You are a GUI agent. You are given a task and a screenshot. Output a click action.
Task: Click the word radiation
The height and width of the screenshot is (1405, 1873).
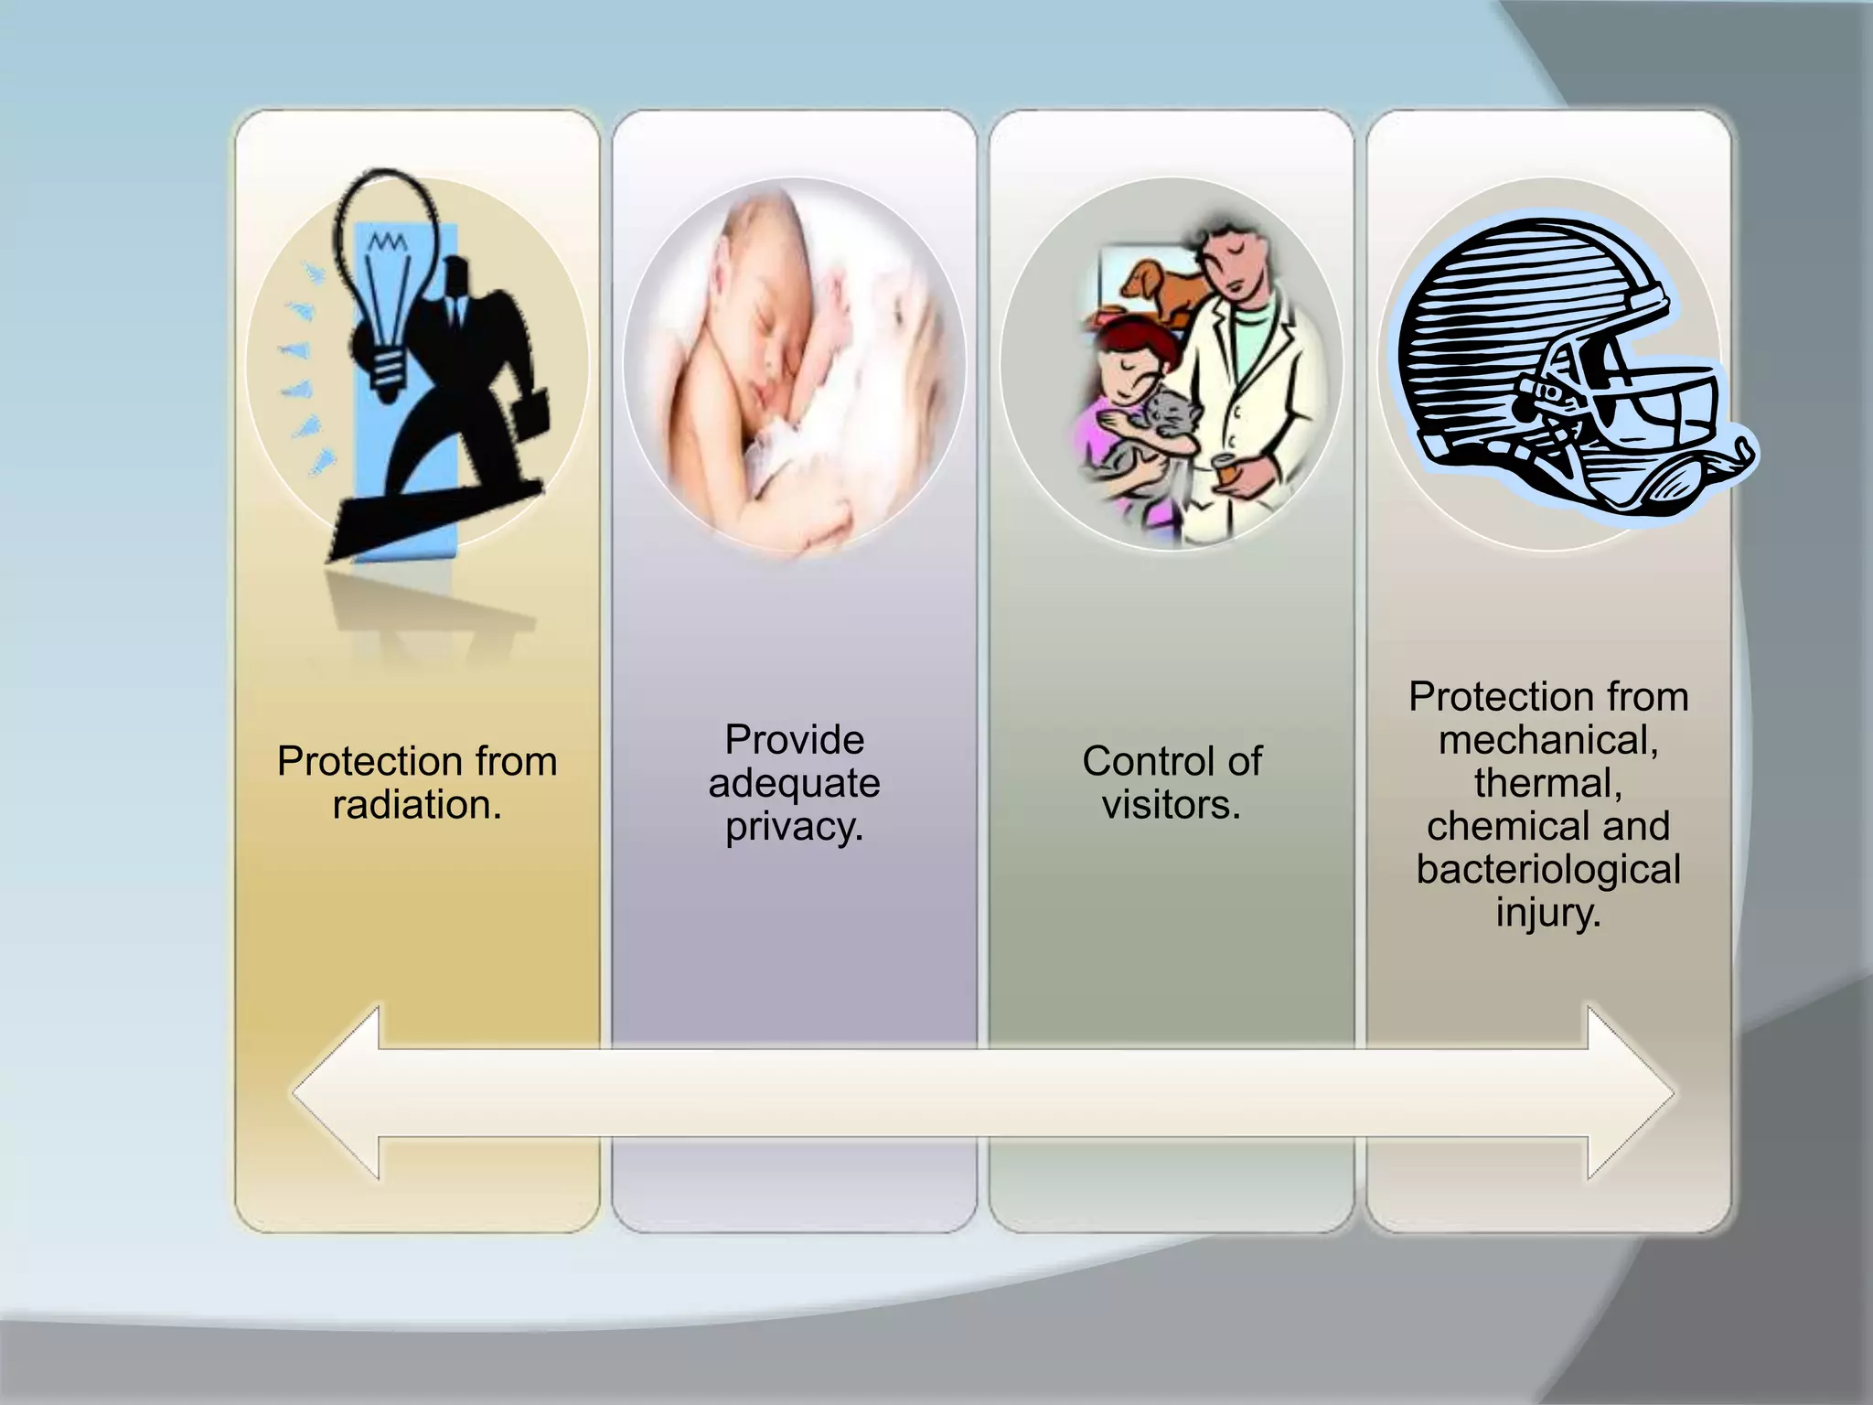click(417, 805)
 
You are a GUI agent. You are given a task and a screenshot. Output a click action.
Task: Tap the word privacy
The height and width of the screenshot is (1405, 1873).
click(794, 827)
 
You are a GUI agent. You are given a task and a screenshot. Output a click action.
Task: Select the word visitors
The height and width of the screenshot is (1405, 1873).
click(1171, 805)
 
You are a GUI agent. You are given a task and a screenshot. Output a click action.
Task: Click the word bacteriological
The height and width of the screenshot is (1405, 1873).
click(1548, 869)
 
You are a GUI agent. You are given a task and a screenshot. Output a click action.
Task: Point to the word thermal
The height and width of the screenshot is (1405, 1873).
click(1548, 783)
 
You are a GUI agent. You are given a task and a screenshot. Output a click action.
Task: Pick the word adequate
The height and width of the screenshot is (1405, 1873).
click(794, 783)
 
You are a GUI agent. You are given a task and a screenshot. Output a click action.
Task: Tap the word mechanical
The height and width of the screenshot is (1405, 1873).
click(1548, 739)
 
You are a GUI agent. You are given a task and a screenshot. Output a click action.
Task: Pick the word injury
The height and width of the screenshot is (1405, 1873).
click(1548, 912)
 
